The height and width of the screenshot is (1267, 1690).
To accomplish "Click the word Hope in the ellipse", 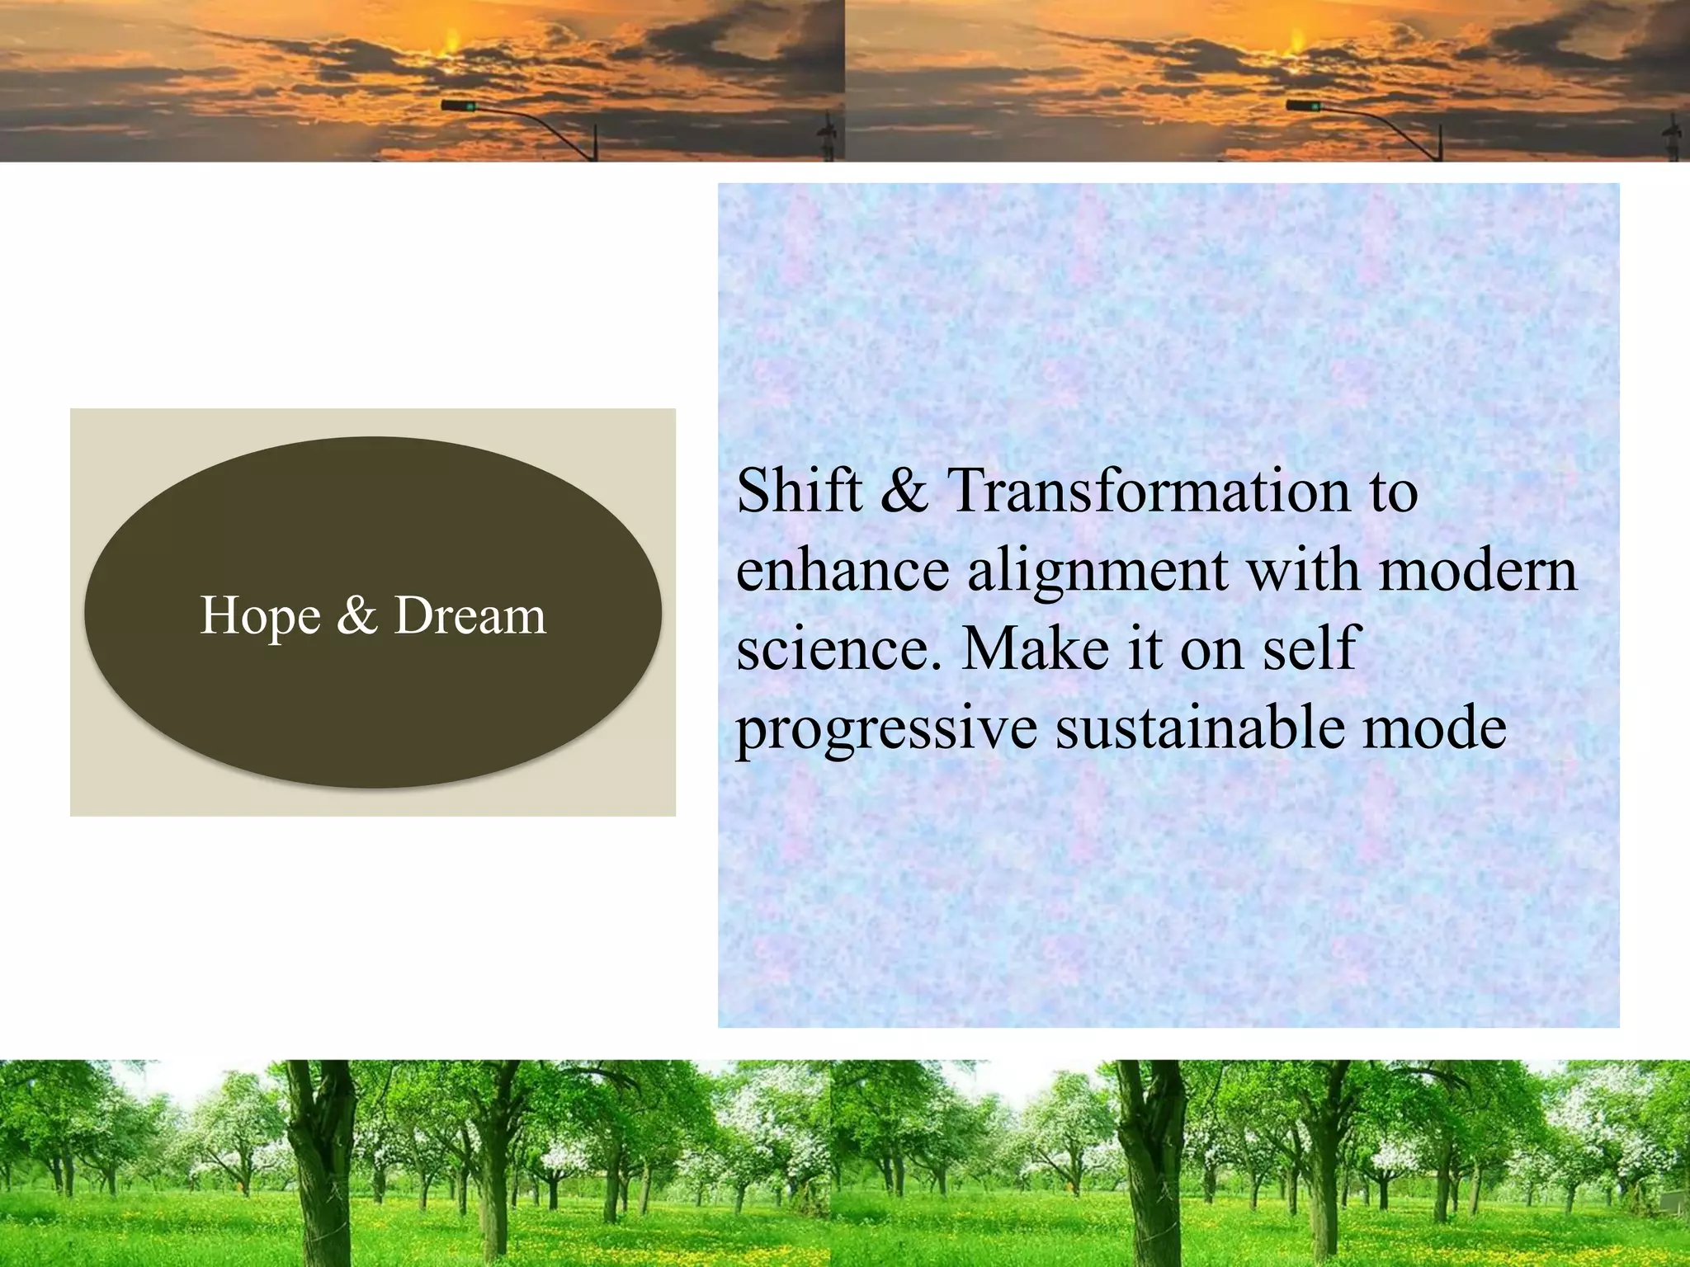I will click(x=260, y=617).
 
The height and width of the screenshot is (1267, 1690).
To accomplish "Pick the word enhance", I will click(x=843, y=570).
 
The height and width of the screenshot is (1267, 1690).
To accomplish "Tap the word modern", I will click(x=1478, y=570).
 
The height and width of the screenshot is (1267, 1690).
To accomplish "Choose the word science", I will click(x=838, y=649).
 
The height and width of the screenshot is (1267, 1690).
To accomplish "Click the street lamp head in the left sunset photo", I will click(x=457, y=106).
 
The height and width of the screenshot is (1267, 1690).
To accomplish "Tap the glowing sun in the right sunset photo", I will click(x=1296, y=41).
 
